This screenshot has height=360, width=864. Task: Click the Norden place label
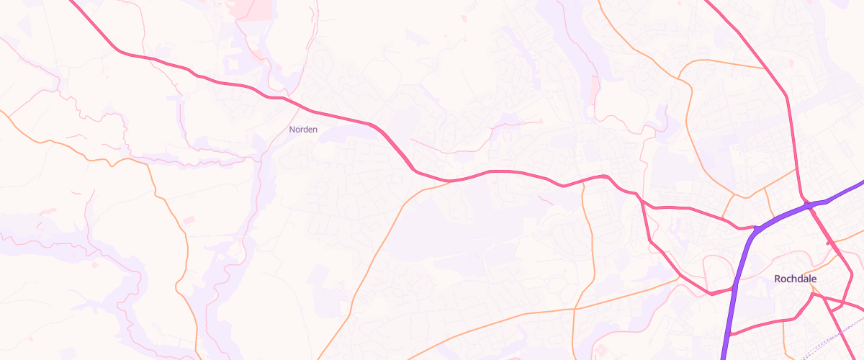click(302, 130)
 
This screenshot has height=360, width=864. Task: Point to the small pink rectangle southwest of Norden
click(188, 220)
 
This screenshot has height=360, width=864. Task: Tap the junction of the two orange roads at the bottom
click(575, 309)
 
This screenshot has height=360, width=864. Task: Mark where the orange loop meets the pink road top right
click(765, 69)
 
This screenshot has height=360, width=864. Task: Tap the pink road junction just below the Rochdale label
click(812, 293)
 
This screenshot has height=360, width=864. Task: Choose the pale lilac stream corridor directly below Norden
click(263, 173)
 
